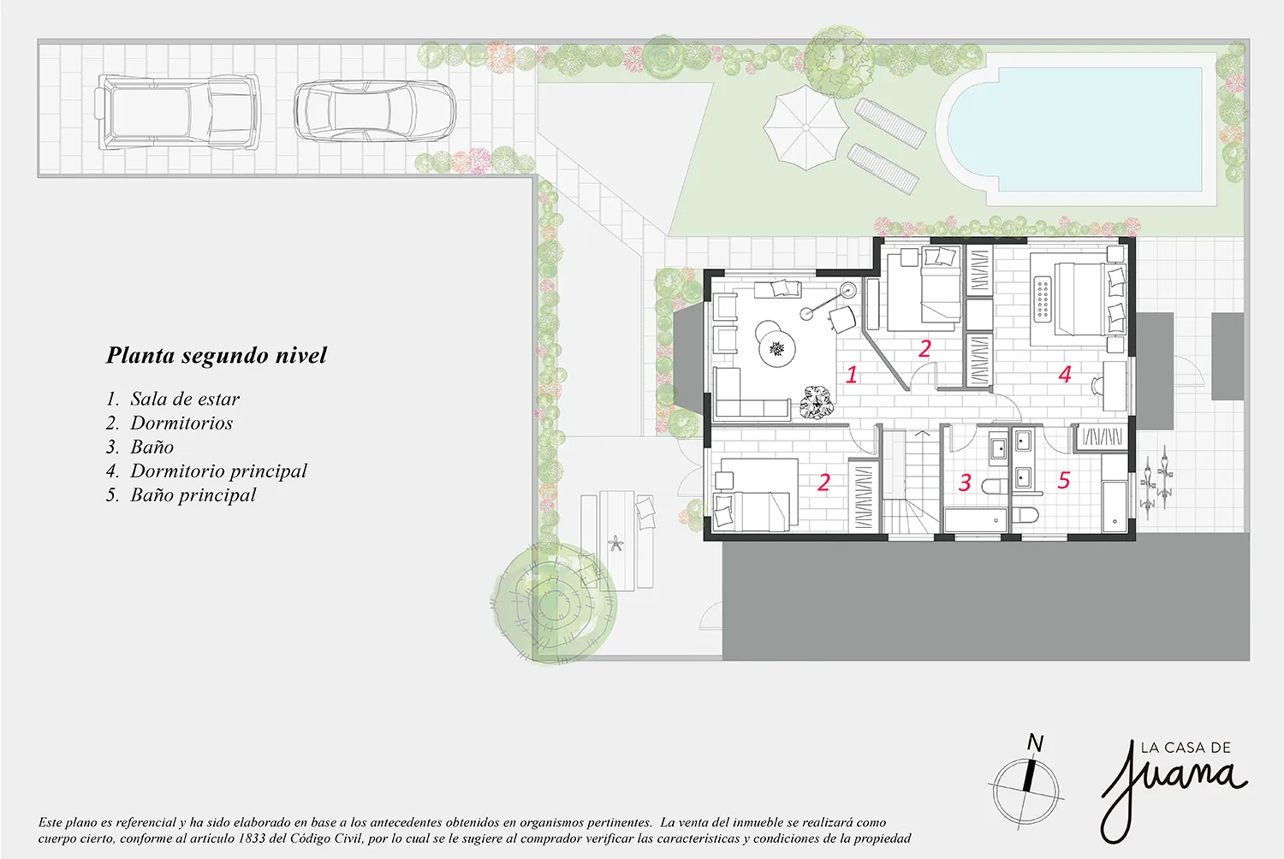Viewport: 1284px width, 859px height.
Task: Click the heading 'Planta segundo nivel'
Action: [216, 355]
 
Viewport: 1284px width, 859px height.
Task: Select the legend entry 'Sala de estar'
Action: [185, 398]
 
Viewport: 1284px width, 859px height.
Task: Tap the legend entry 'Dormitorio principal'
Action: [218, 471]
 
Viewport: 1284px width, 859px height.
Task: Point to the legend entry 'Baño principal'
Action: [193, 495]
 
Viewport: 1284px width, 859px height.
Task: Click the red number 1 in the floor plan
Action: [852, 375]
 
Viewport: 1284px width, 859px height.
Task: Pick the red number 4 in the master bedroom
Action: [1065, 374]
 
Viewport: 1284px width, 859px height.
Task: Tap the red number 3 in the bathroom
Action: [965, 483]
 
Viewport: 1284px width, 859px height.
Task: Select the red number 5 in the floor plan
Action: [1064, 480]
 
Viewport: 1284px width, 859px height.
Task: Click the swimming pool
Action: [1075, 129]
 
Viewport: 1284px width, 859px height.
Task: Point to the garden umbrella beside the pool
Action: [806, 127]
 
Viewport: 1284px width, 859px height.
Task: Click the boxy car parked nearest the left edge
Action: [177, 112]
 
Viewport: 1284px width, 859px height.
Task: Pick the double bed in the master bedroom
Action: [1079, 298]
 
